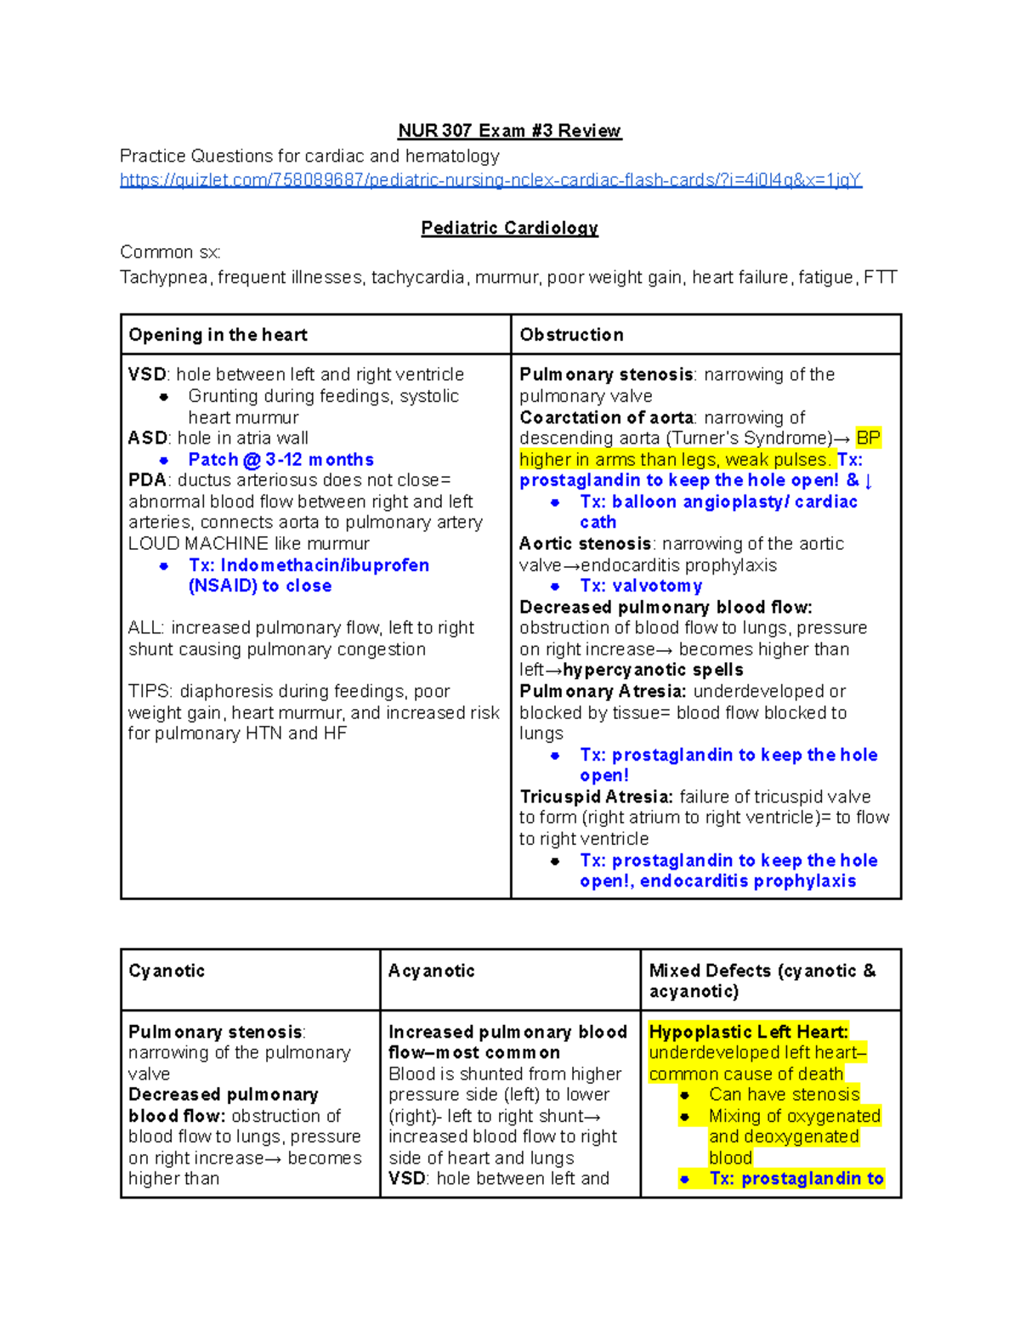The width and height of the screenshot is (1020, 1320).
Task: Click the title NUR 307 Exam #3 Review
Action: click(509, 131)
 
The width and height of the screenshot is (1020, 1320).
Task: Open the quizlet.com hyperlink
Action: click(490, 180)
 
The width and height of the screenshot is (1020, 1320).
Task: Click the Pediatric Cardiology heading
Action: click(509, 229)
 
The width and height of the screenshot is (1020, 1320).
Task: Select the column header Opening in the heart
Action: click(218, 335)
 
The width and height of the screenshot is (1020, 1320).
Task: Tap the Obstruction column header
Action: click(571, 335)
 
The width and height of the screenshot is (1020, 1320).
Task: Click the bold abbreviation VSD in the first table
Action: click(147, 375)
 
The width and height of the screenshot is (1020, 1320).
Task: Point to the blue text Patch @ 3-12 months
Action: click(280, 460)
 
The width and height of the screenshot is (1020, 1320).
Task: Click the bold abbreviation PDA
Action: click(147, 480)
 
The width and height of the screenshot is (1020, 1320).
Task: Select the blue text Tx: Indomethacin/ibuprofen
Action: click(309, 565)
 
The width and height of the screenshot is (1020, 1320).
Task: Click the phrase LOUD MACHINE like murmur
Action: click(248, 544)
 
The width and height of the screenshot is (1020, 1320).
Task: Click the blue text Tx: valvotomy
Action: click(641, 586)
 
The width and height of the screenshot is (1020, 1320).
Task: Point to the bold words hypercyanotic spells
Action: click(653, 670)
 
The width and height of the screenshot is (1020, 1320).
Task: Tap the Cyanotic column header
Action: click(167, 971)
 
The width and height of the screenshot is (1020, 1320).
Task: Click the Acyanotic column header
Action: click(431, 971)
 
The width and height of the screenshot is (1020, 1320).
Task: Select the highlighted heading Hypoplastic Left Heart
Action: click(748, 1032)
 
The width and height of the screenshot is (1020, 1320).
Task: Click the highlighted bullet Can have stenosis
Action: click(784, 1095)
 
